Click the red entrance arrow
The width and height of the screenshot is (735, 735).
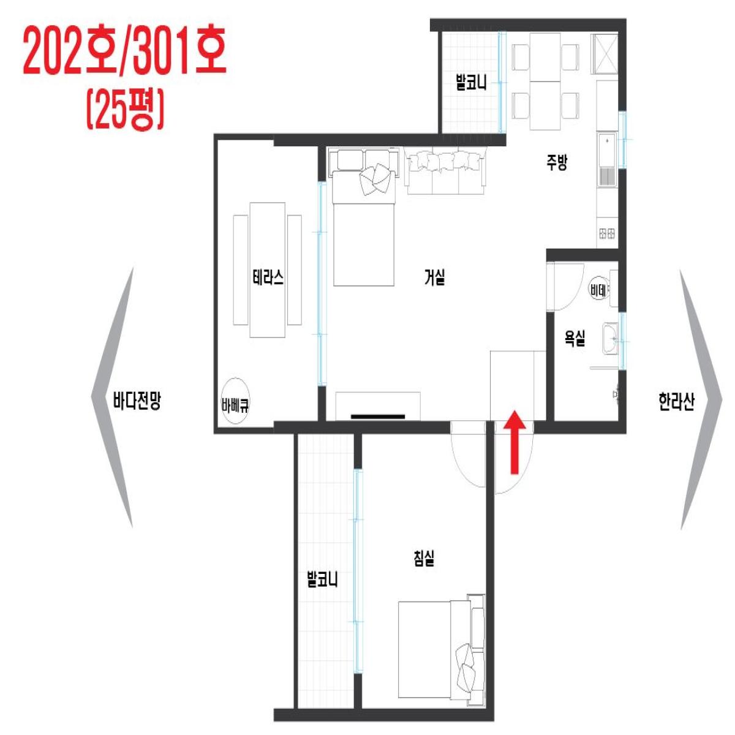[x=514, y=442]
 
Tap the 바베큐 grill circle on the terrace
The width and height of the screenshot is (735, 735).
[x=235, y=401]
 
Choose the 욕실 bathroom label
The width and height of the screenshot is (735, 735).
[x=575, y=338]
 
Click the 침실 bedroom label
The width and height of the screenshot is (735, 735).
[x=424, y=559]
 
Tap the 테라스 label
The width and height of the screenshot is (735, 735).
[x=268, y=277]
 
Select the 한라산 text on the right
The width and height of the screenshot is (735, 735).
[x=676, y=401]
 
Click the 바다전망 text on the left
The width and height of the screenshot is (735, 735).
[x=137, y=401]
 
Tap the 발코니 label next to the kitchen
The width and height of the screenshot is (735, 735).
[x=472, y=81]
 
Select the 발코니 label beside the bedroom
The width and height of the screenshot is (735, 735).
[x=322, y=578]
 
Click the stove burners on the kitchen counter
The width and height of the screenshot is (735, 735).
[x=607, y=233]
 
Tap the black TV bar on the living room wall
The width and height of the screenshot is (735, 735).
[x=378, y=417]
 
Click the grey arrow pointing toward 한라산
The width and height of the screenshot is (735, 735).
[x=701, y=399]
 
